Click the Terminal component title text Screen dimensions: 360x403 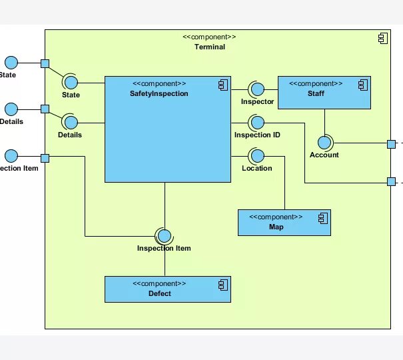[x=209, y=47]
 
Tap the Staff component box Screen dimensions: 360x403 [x=324, y=97]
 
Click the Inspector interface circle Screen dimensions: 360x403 [x=256, y=89]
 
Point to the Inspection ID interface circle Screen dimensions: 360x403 [x=257, y=123]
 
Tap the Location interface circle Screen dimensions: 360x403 [x=257, y=156]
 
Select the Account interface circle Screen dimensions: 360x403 [x=324, y=142]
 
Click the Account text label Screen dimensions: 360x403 [x=324, y=155]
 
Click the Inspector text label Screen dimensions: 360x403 [x=257, y=102]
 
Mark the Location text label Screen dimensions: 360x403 [x=257, y=169]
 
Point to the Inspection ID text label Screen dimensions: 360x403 [x=257, y=135]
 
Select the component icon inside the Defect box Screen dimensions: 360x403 [x=222, y=284]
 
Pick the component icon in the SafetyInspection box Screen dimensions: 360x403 [x=222, y=84]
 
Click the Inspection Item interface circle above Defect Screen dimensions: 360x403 [x=164, y=235]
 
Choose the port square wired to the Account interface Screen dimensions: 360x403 [x=392, y=143]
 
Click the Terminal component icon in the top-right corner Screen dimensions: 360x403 [x=382, y=39]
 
